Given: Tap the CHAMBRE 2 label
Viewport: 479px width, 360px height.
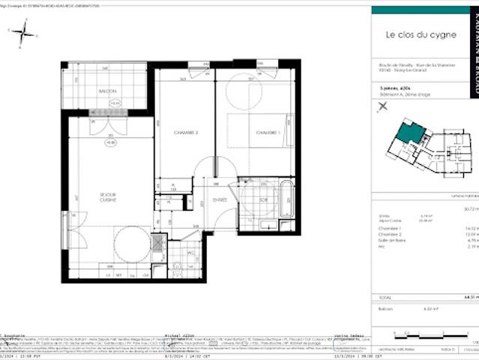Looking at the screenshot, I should tap(186, 132).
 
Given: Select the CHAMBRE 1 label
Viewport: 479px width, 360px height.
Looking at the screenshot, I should tap(267, 133).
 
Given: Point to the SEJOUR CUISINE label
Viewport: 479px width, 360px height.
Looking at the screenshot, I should tap(109, 198).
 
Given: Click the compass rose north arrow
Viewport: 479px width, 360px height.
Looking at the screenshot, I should tap(24, 32).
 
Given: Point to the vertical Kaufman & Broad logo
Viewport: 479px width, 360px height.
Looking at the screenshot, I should tap(472, 45).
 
